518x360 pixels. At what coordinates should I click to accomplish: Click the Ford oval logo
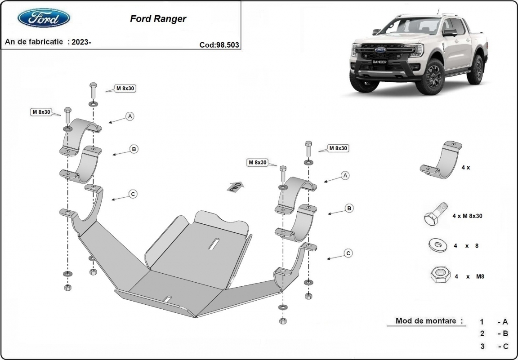(44, 18)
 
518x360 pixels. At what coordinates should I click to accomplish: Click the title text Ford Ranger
(158, 19)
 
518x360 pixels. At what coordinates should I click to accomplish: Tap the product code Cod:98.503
(219, 44)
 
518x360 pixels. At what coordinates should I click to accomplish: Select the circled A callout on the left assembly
(130, 116)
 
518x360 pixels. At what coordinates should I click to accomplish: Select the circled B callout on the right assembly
(349, 208)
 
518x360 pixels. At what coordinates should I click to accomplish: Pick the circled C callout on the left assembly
(133, 194)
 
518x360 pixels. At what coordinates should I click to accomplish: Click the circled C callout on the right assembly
(348, 253)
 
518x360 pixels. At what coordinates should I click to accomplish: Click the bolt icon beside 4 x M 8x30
(434, 215)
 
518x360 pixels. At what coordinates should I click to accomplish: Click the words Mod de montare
(429, 321)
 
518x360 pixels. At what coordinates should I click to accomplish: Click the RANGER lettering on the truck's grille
(380, 62)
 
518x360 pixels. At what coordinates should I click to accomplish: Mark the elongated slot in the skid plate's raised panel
(214, 242)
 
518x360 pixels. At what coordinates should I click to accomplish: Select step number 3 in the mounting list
(482, 346)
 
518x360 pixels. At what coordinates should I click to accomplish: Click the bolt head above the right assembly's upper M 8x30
(308, 144)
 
